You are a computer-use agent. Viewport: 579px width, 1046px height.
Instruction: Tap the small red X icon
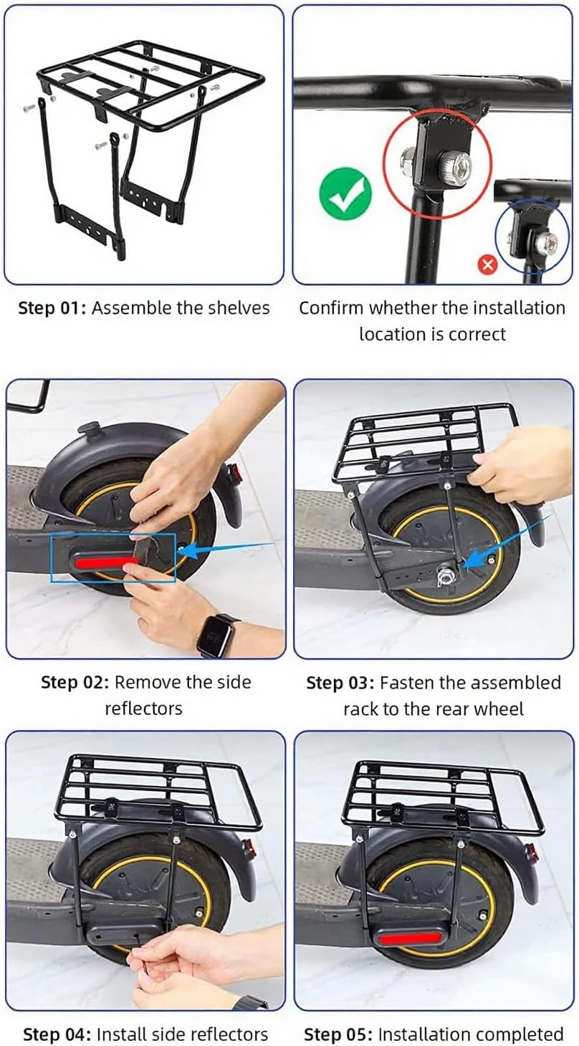click(487, 265)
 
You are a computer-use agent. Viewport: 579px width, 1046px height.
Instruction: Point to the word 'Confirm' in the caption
click(332, 309)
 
